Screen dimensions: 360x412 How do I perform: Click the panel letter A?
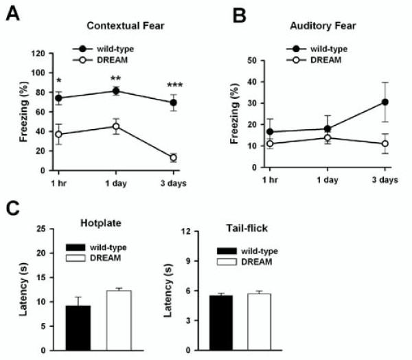coord(12,12)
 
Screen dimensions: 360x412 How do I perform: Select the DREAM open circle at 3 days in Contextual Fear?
coord(173,157)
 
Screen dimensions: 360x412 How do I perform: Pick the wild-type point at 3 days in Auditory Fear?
coord(385,102)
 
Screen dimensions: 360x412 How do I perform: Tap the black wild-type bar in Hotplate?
coord(78,328)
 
